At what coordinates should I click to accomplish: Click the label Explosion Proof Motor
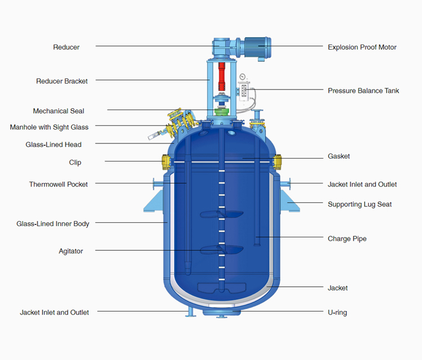(362, 47)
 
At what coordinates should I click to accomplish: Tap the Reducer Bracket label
(62, 81)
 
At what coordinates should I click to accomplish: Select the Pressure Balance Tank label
(363, 91)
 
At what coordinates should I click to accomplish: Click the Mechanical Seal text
(59, 111)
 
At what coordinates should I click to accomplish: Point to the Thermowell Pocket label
(59, 184)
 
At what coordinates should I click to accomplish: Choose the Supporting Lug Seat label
(360, 205)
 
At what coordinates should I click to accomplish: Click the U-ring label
(337, 313)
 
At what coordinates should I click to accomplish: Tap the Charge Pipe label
(347, 238)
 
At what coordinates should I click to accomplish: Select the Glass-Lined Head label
(53, 145)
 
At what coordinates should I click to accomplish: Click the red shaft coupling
(222, 76)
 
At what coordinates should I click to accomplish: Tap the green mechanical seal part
(222, 112)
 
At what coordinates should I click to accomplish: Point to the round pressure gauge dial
(243, 76)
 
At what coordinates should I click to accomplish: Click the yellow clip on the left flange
(166, 161)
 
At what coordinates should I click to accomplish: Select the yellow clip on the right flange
(277, 161)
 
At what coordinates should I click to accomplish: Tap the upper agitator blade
(222, 214)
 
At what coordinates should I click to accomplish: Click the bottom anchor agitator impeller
(222, 288)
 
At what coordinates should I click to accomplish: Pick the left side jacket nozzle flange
(158, 184)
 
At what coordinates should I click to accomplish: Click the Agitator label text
(71, 251)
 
